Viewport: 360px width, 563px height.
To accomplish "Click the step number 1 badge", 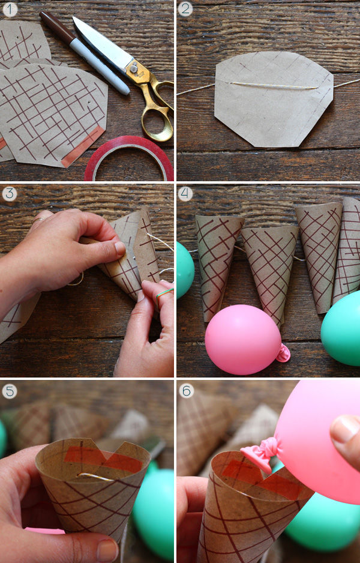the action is point(10,10).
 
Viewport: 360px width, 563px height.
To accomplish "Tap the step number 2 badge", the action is point(185,9).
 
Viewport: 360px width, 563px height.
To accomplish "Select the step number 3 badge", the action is point(10,194).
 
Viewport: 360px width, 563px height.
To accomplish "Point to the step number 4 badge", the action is point(185,194).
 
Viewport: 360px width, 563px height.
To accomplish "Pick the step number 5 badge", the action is point(10,391).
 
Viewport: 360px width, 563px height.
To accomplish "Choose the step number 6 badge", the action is point(186,391).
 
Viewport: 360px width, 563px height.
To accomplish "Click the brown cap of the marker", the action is point(57,27).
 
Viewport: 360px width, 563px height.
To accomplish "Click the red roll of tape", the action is point(129,158).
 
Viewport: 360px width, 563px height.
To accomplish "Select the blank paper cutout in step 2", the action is point(274,99).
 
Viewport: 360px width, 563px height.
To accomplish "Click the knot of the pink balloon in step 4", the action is point(284,354).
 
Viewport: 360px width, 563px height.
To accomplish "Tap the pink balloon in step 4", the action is point(243,339).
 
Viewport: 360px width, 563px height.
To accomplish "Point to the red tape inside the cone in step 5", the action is point(103,459).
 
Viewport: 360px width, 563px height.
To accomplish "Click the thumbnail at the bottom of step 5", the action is point(107,550).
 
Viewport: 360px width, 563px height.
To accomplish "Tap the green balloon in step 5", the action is point(154,510).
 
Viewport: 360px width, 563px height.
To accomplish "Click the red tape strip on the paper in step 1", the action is point(83,146).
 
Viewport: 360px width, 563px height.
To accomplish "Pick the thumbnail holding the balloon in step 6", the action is point(344,429).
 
